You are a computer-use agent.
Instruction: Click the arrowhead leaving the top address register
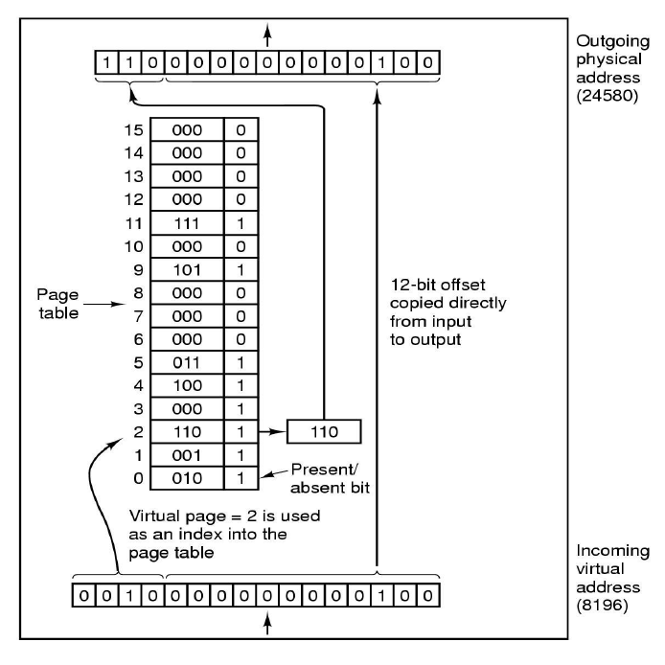tap(268, 31)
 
